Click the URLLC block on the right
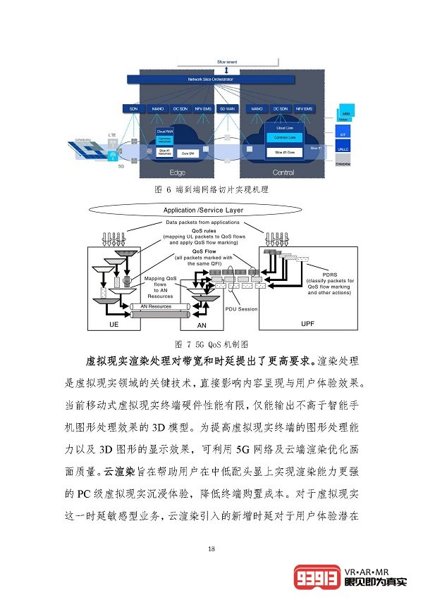(344, 150)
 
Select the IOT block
(344, 134)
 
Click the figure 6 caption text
(211, 190)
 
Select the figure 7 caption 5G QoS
(211, 344)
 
